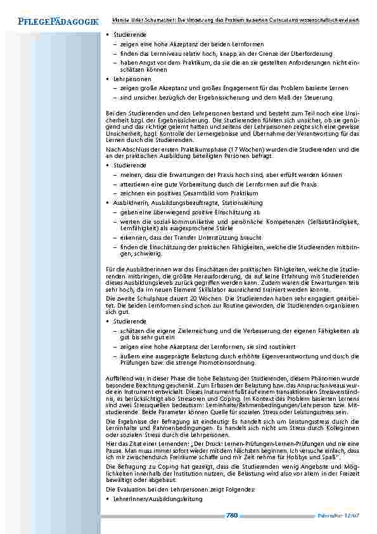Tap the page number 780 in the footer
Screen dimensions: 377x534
(231, 514)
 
